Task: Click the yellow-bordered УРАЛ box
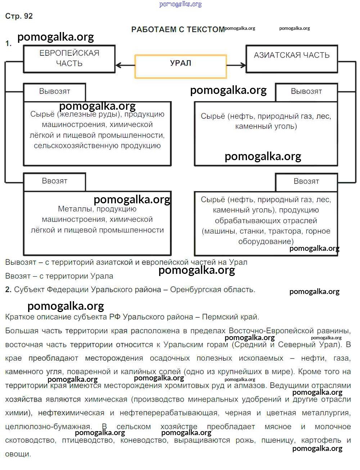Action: click(180, 66)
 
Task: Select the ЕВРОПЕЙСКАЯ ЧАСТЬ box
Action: click(69, 59)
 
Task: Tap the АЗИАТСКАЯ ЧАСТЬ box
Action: click(292, 58)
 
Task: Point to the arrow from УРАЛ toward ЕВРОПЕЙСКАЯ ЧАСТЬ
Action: click(125, 65)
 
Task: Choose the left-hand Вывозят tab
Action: click(55, 92)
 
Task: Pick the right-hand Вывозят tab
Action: click(306, 92)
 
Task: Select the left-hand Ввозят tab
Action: click(55, 181)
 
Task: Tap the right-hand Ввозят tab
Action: click(306, 182)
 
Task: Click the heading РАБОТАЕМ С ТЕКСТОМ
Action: click(178, 30)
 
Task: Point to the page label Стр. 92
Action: click(19, 16)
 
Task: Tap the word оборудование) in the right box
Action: click(266, 241)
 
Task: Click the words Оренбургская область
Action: click(212, 290)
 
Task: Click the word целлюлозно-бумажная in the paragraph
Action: click(48, 427)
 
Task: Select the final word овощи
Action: click(18, 454)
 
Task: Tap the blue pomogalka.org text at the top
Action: click(180, 4)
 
